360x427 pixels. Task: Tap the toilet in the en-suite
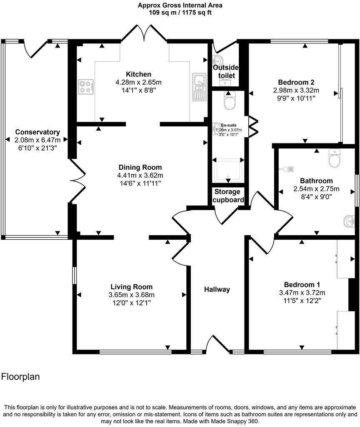pyautogui.click(x=230, y=100)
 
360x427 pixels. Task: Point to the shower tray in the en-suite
pyautogui.click(x=228, y=170)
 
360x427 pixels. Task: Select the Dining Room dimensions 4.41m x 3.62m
pyautogui.click(x=140, y=175)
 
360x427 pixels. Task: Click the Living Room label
pyautogui.click(x=131, y=287)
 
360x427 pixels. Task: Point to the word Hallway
pyautogui.click(x=217, y=289)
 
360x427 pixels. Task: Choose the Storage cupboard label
pyautogui.click(x=227, y=196)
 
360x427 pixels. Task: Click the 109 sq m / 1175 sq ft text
pyautogui.click(x=180, y=13)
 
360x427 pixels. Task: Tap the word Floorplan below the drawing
pyautogui.click(x=20, y=377)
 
